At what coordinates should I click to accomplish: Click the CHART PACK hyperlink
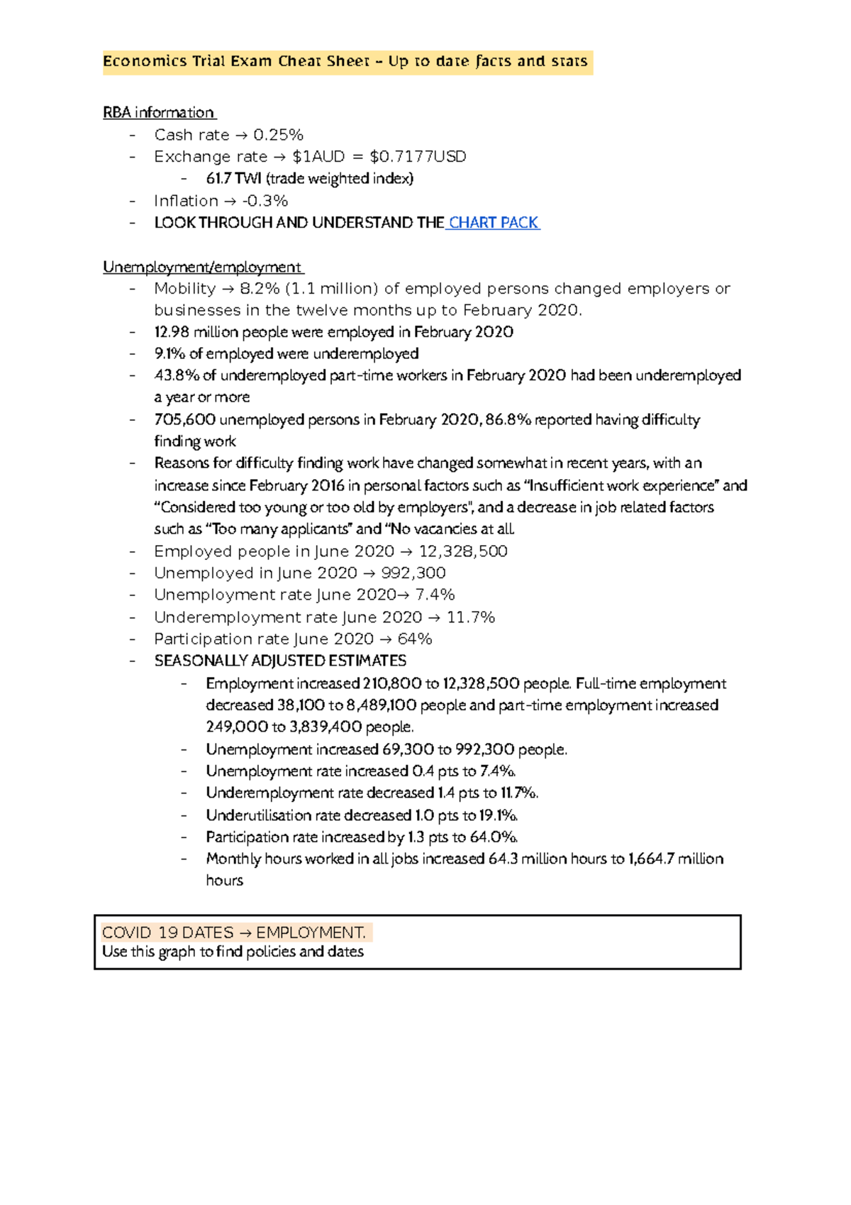[x=494, y=223]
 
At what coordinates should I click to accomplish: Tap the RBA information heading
[x=159, y=113]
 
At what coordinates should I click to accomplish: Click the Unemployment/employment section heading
[x=202, y=268]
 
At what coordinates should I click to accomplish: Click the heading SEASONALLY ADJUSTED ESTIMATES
[x=280, y=661]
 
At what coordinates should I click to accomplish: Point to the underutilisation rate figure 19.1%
[x=499, y=815]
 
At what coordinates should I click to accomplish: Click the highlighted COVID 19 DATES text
[x=167, y=932]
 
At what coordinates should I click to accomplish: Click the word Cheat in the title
[x=299, y=62]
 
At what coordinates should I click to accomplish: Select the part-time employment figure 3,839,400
[x=326, y=727]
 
